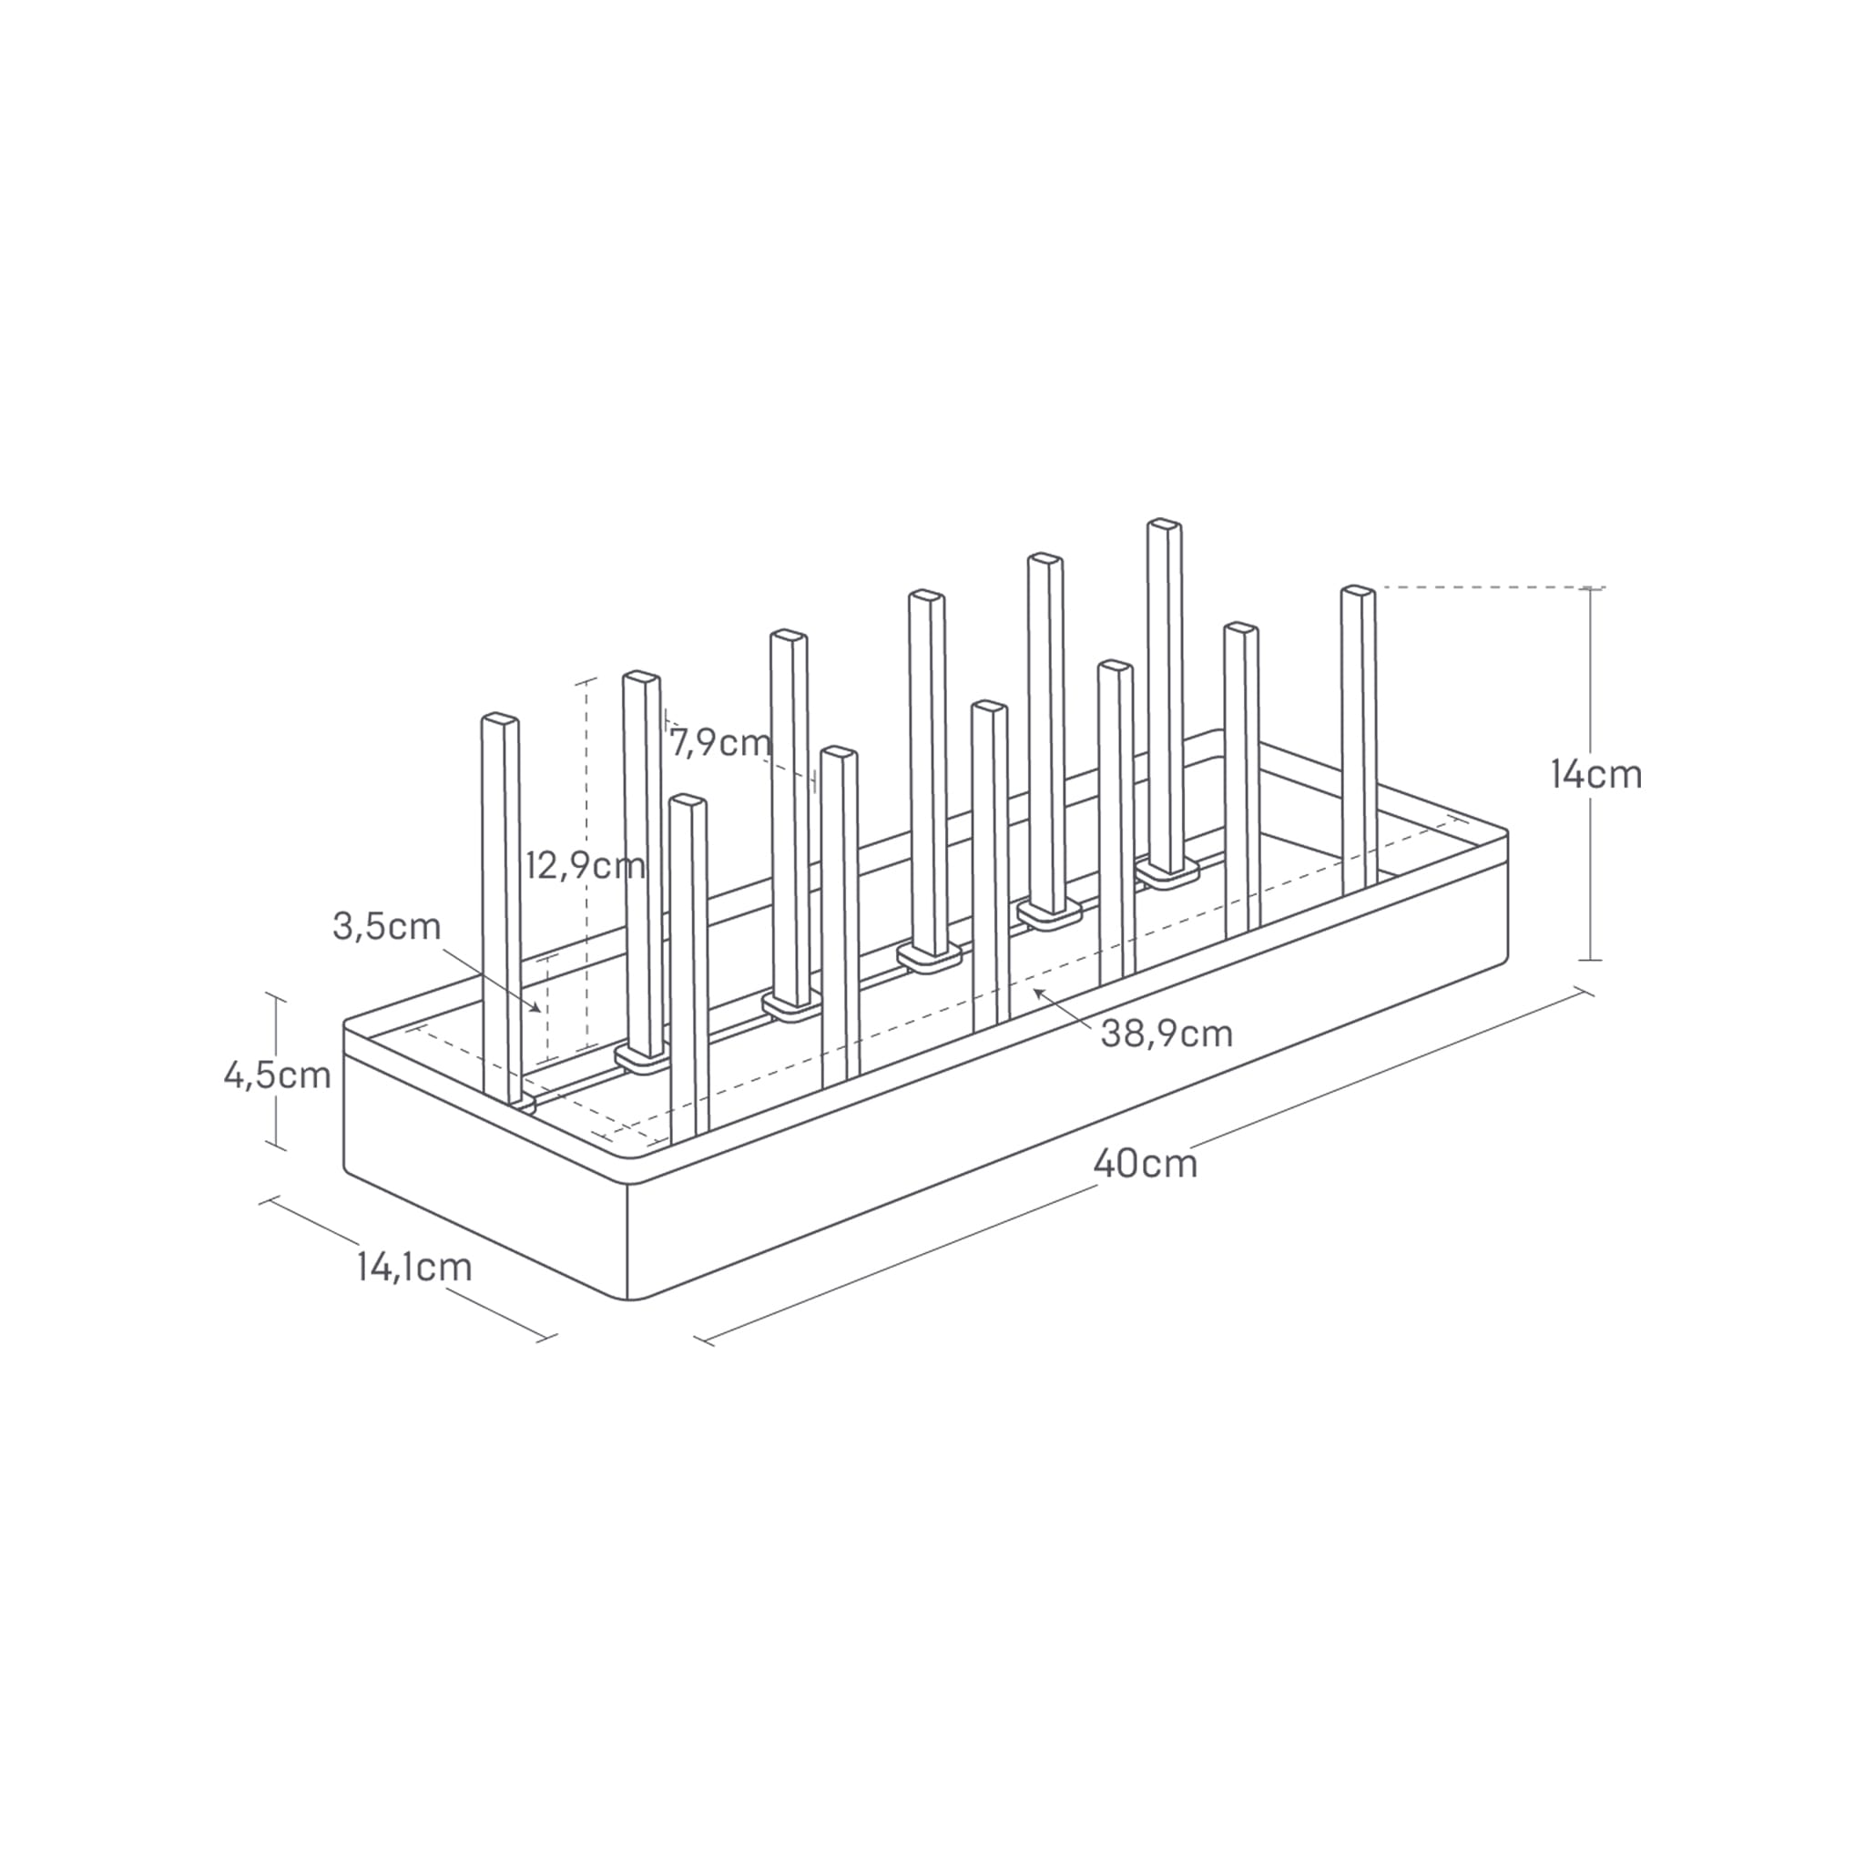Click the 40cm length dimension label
pos(1145,1163)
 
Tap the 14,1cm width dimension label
pos(414,1267)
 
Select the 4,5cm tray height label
pos(277,1075)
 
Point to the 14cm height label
pos(1595,774)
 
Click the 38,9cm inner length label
pos(1167,1034)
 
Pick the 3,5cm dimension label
pos(386,926)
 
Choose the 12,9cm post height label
pos(585,866)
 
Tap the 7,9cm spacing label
pos(720,743)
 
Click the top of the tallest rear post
pos(1164,525)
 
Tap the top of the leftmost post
pos(500,720)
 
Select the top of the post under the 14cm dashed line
pos(1357,590)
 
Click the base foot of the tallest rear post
pos(1168,875)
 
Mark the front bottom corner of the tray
pos(628,1299)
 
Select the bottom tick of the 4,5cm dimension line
pos(277,1147)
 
